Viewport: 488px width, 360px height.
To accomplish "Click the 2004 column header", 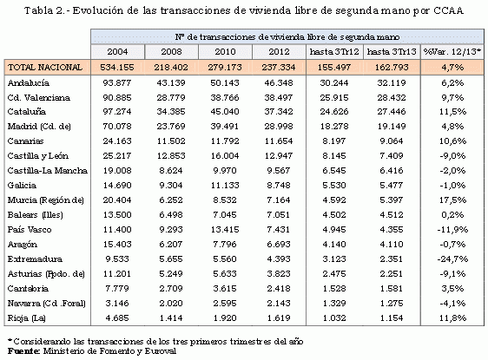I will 114,52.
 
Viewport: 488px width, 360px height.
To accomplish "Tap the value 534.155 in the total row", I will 114,66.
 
